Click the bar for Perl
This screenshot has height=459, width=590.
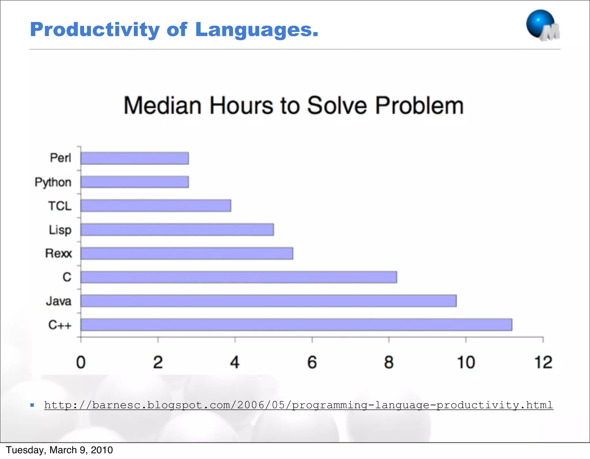tap(135, 158)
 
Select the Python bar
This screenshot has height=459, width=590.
tap(135, 182)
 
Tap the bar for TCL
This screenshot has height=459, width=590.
tap(156, 206)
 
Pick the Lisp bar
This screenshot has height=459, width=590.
tap(177, 230)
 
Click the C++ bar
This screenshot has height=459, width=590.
tap(296, 325)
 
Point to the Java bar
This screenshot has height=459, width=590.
tap(268, 301)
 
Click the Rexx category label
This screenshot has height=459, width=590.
tap(58, 254)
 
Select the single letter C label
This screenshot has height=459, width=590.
tap(67, 277)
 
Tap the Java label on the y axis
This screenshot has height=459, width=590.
tap(59, 301)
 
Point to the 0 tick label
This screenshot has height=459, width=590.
tap(81, 362)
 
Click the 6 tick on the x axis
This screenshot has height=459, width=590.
tap(312, 362)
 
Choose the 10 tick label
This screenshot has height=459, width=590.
tap(466, 362)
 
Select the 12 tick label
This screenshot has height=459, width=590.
tap(543, 362)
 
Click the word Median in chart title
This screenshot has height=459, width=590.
tap(162, 105)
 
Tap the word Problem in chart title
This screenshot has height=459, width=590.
tap(419, 105)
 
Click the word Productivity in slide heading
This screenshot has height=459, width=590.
tap(95, 30)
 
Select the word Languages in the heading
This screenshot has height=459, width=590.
tap(256, 30)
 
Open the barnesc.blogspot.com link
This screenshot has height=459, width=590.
tap(298, 405)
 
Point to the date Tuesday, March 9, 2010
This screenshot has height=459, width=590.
tap(59, 450)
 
